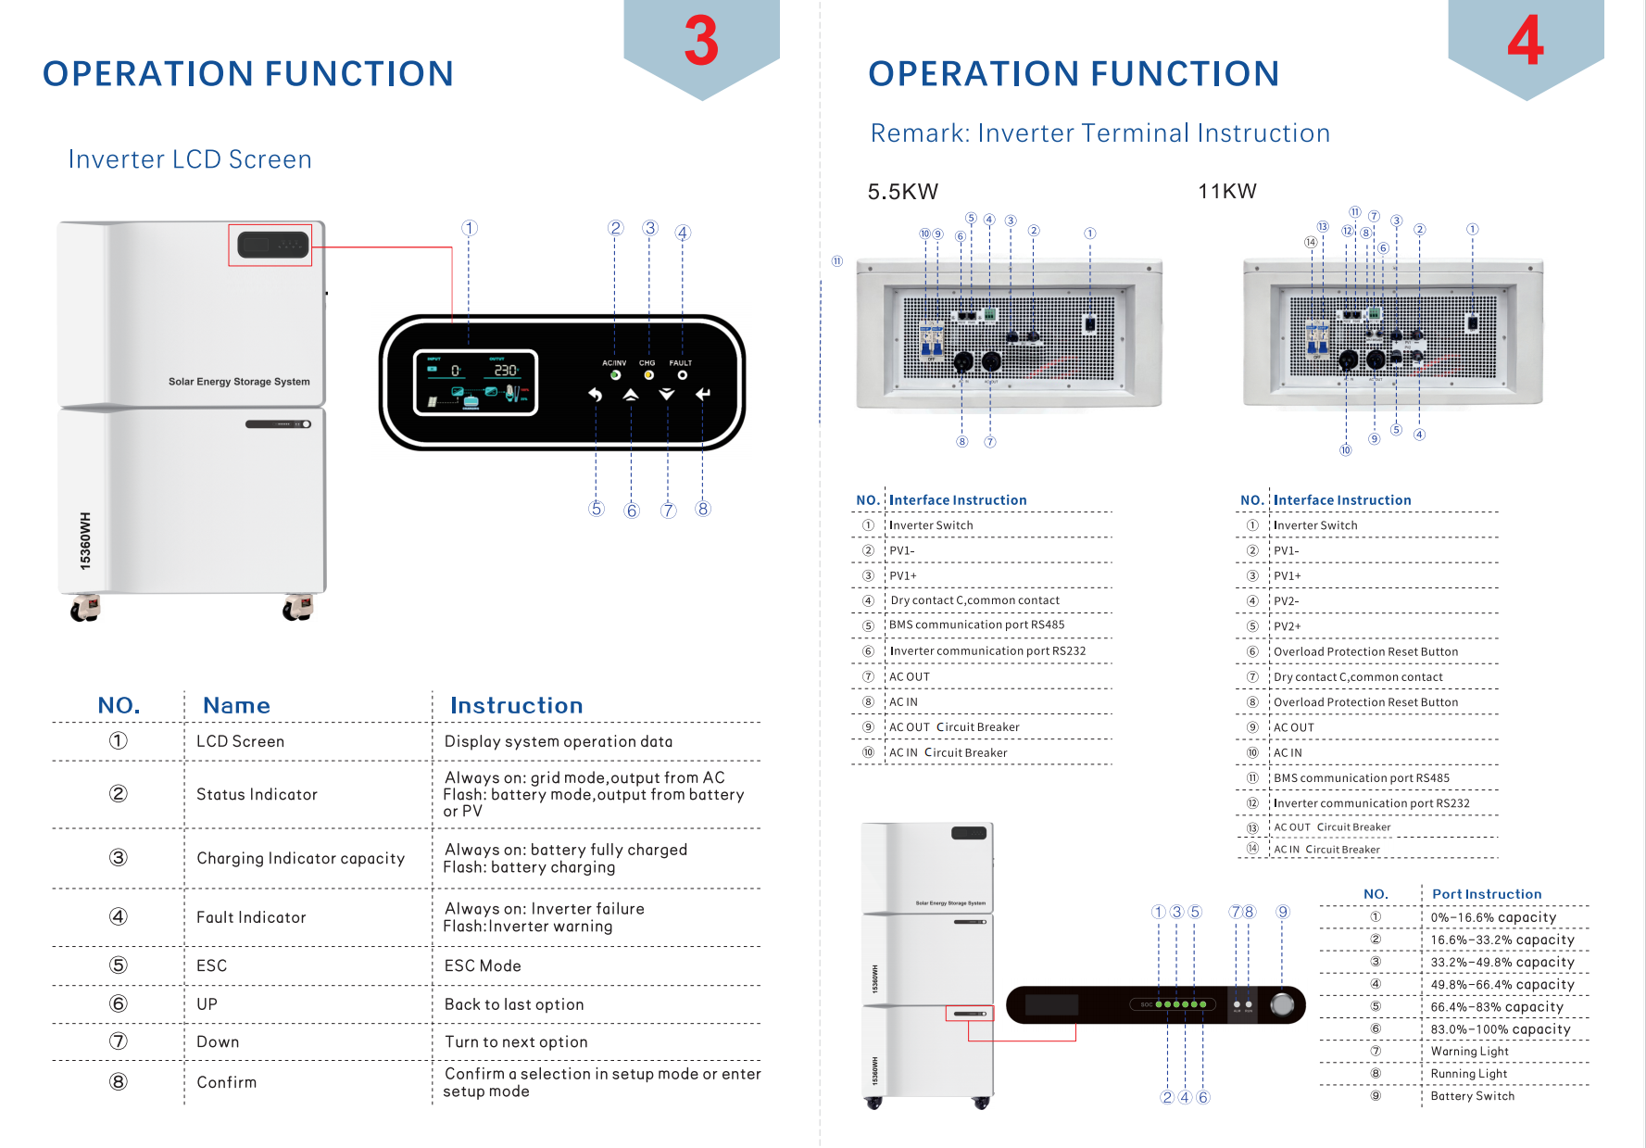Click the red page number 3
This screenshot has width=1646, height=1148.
[701, 42]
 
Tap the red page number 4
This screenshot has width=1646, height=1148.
[1525, 42]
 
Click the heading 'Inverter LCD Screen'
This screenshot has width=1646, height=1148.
[190, 159]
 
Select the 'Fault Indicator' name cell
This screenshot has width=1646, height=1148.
[251, 917]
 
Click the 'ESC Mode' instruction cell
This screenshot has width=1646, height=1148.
[483, 965]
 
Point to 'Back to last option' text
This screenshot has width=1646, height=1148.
[514, 1004]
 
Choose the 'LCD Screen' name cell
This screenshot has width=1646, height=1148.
[240, 741]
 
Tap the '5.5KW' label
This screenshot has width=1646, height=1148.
[902, 192]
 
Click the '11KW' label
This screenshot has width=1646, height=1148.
[1226, 191]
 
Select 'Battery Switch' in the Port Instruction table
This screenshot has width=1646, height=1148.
[1472, 1096]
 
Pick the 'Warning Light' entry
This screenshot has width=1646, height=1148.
[1469, 1052]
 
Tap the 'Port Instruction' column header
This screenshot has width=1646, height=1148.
[1487, 894]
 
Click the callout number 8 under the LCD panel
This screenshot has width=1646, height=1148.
[703, 509]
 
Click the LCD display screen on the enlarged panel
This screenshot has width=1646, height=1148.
[475, 383]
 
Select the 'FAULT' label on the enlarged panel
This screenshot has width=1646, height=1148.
[681, 363]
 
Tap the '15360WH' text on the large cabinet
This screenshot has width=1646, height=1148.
[85, 540]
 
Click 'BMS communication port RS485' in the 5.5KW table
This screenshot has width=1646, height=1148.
[976, 624]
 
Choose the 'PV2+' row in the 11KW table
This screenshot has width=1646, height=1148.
[1287, 626]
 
